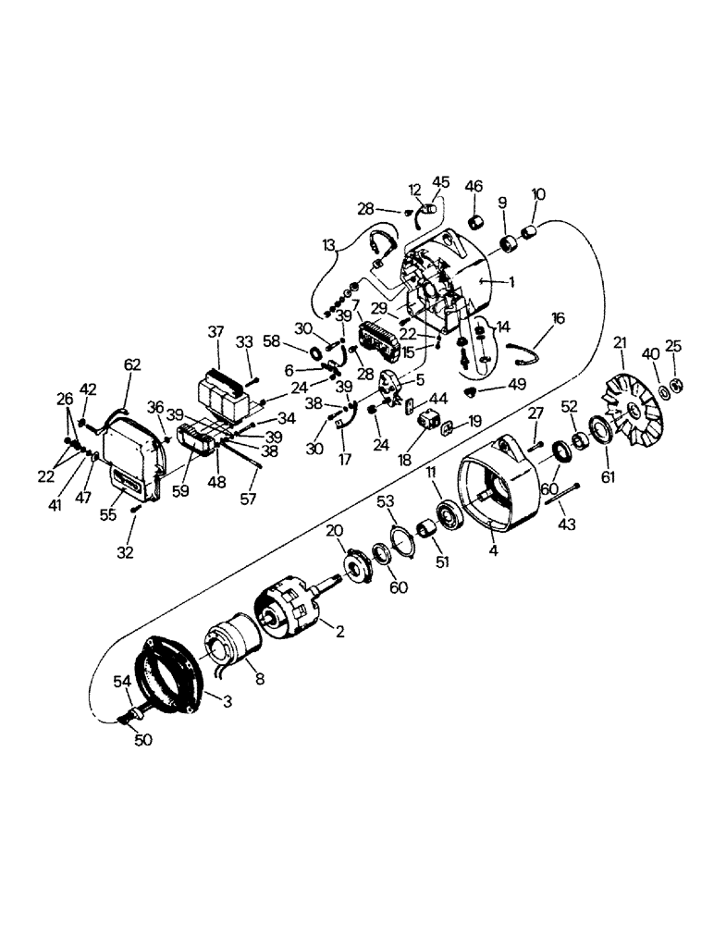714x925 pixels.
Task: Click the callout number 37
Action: (x=215, y=333)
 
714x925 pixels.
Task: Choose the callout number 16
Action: (x=558, y=317)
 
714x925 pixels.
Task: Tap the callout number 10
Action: (x=538, y=194)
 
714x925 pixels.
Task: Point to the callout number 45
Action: (x=439, y=182)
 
